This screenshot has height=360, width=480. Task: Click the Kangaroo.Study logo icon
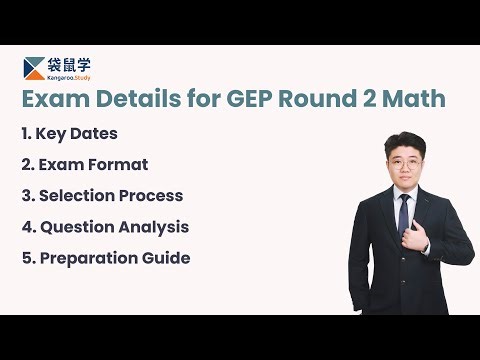pyautogui.click(x=35, y=67)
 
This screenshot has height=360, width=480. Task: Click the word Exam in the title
pyautogui.click(x=53, y=100)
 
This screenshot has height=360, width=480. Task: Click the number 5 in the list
pyautogui.click(x=26, y=258)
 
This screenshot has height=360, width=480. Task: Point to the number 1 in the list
pyautogui.click(x=25, y=134)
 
